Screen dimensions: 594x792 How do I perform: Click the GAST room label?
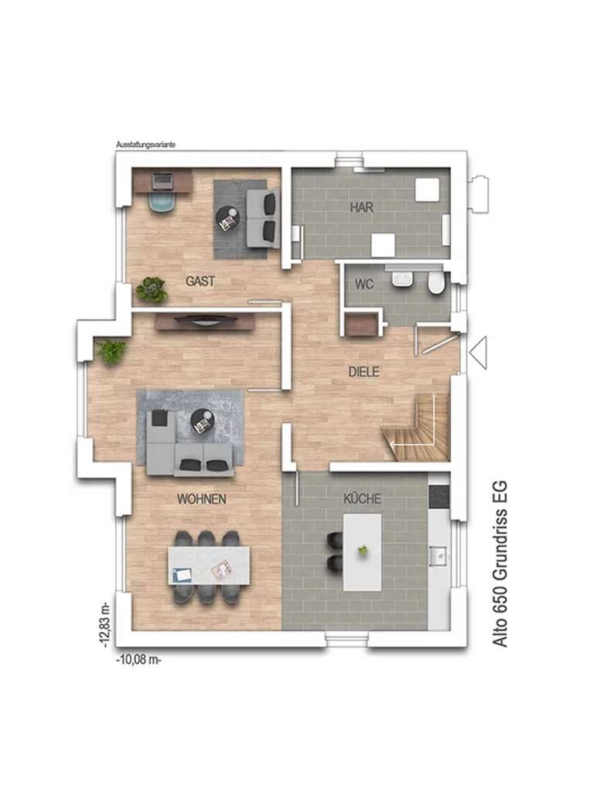[200, 281]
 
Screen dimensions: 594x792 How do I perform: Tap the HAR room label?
[362, 207]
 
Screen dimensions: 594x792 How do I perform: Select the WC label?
[364, 284]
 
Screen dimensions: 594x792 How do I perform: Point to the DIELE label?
[364, 372]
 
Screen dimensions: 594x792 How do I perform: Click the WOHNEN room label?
[202, 499]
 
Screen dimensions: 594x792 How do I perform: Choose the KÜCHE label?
[362, 499]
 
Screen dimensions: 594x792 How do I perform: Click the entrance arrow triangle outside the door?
[478, 352]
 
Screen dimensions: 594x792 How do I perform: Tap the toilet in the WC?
[435, 283]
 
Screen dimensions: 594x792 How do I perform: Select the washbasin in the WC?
[402, 279]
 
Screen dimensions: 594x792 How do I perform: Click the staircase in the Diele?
[416, 428]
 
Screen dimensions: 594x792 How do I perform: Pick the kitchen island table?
[363, 552]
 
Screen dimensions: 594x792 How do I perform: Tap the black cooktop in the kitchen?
[439, 497]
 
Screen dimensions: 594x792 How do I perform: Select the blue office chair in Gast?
[163, 202]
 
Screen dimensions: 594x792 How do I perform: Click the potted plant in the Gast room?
[151, 290]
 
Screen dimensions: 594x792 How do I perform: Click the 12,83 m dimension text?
[104, 624]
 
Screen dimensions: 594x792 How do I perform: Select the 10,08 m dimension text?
[139, 660]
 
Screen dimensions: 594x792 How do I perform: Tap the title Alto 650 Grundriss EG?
[500, 563]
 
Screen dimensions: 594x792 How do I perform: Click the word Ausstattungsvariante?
[146, 145]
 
